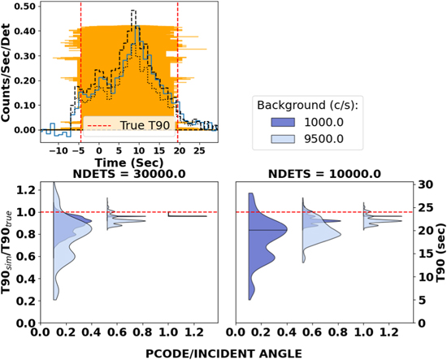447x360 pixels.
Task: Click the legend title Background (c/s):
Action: pos(308,106)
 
